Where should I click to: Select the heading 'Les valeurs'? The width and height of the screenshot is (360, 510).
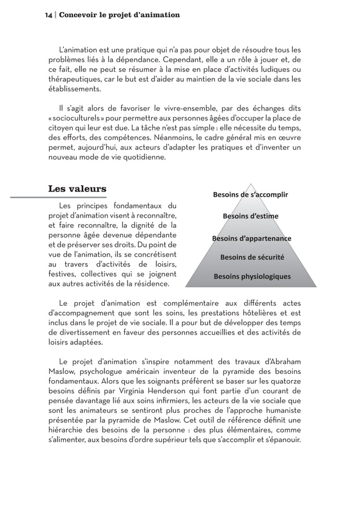[77, 188]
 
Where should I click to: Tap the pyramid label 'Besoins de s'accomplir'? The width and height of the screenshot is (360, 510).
[250, 195]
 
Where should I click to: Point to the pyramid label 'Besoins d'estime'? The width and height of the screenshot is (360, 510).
[251, 216]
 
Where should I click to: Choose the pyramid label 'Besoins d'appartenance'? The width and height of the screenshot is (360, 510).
[251, 238]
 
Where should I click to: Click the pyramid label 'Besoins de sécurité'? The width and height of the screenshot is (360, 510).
[252, 258]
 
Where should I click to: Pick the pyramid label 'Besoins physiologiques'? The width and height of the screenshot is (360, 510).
[252, 277]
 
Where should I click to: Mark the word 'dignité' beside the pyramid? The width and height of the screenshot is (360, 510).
[138, 225]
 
